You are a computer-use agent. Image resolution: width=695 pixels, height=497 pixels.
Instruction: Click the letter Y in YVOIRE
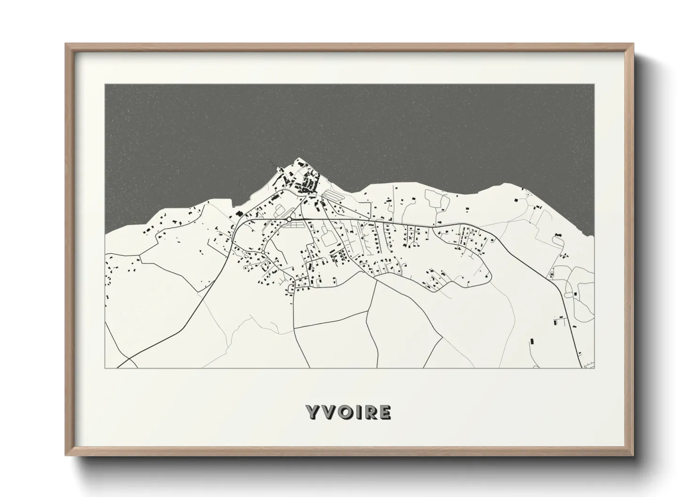coord(313,412)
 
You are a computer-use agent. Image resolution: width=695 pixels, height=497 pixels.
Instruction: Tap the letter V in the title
coord(327,412)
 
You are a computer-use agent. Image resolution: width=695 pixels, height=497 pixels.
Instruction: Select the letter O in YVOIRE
coord(342,412)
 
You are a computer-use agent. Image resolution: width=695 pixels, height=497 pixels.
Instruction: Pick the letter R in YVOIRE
coord(368,412)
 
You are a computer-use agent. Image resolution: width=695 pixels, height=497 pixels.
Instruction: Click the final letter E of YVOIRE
coord(384,412)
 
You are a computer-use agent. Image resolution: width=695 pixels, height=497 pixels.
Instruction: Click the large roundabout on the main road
coord(289,219)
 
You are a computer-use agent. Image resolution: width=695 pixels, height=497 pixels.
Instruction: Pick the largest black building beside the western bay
coord(239,214)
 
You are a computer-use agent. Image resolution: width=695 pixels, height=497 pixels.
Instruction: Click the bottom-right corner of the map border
coord(594,368)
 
